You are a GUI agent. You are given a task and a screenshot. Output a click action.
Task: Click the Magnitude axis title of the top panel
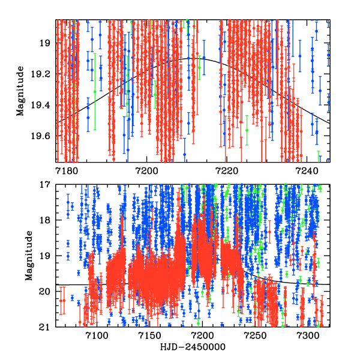20,91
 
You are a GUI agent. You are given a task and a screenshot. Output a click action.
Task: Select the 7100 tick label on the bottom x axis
97,335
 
